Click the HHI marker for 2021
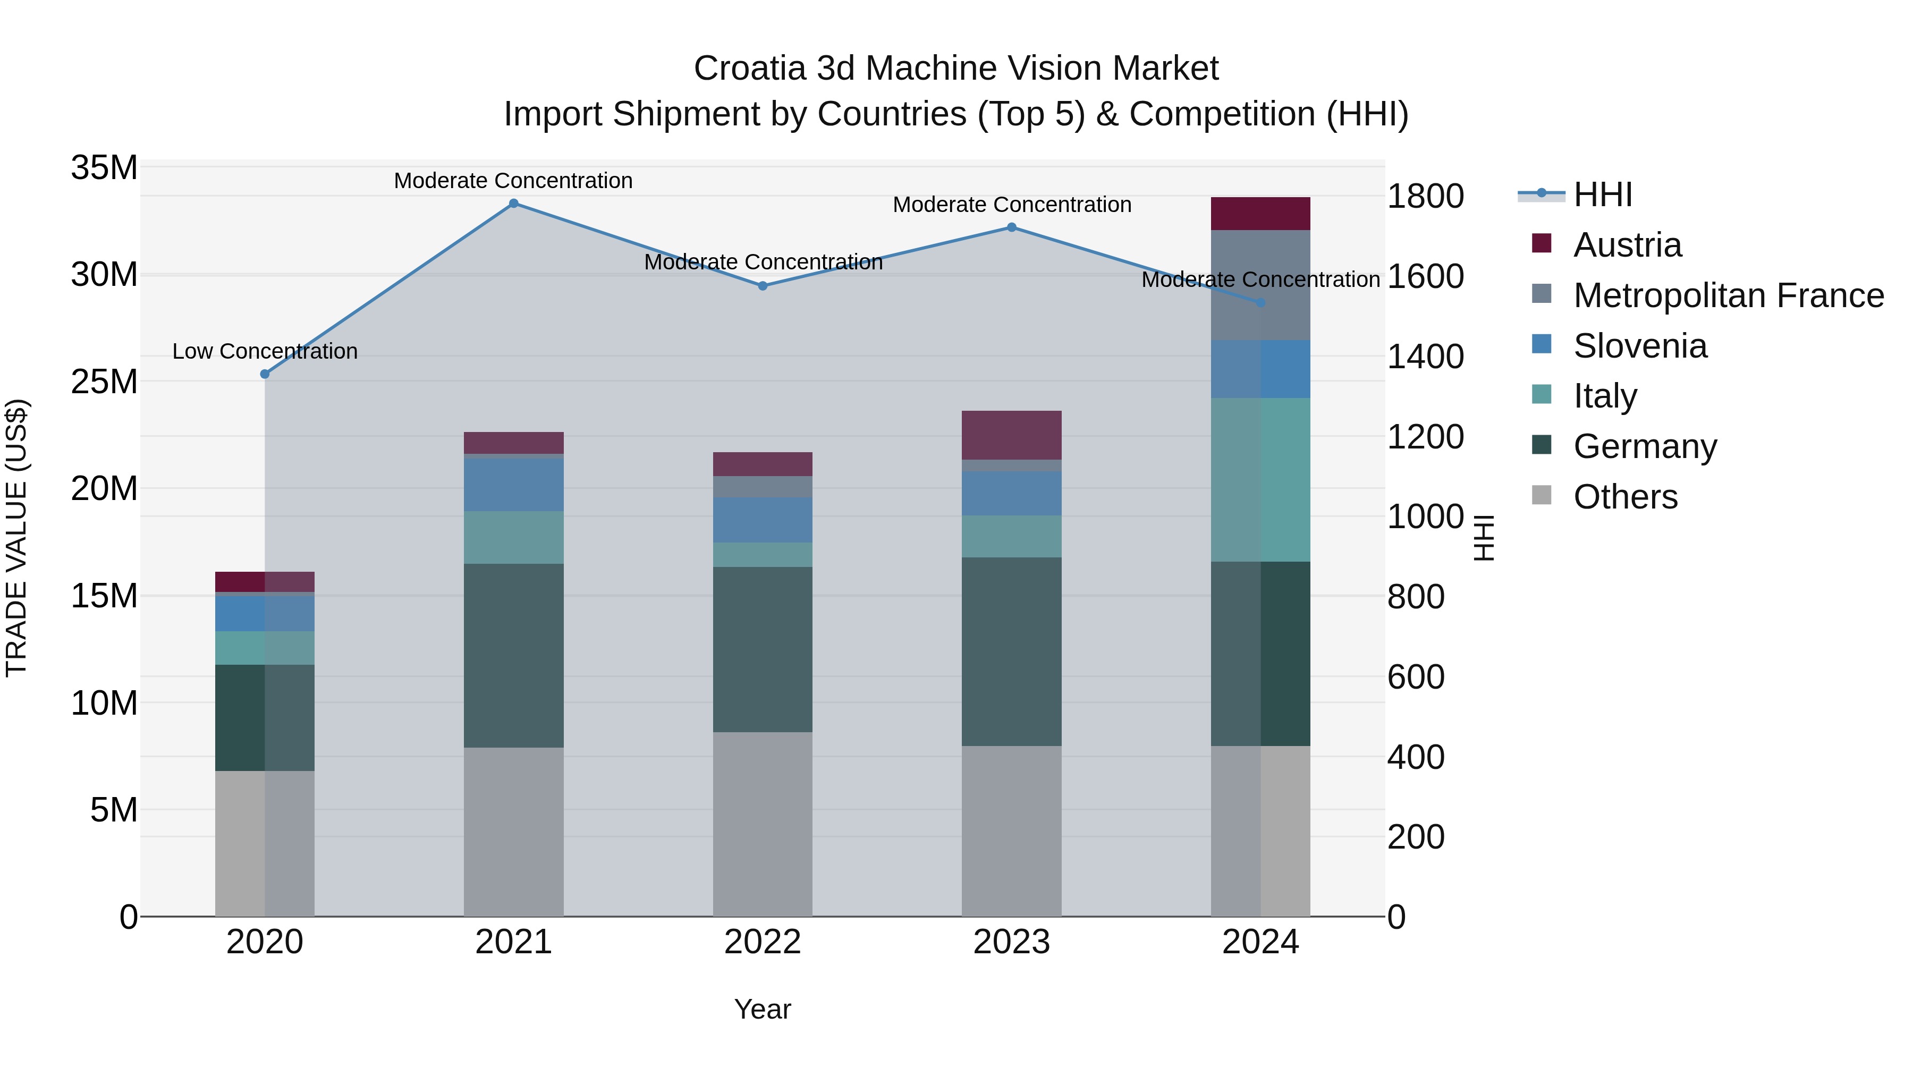coord(513,204)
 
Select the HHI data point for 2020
coord(265,374)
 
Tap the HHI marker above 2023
coord(1011,227)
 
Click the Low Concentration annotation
coord(265,351)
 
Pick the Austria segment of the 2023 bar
coord(1011,435)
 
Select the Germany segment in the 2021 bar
coord(513,655)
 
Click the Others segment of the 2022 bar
coord(763,824)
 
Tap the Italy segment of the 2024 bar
coord(1260,480)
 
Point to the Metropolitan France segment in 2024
coord(1260,285)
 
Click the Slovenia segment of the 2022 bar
coord(763,520)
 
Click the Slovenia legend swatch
coord(1542,344)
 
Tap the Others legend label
coord(1625,497)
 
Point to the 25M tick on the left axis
coord(104,382)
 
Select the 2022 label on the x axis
coord(763,942)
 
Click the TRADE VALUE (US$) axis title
coord(16,538)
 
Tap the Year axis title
coord(763,1009)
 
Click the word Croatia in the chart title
coord(749,69)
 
